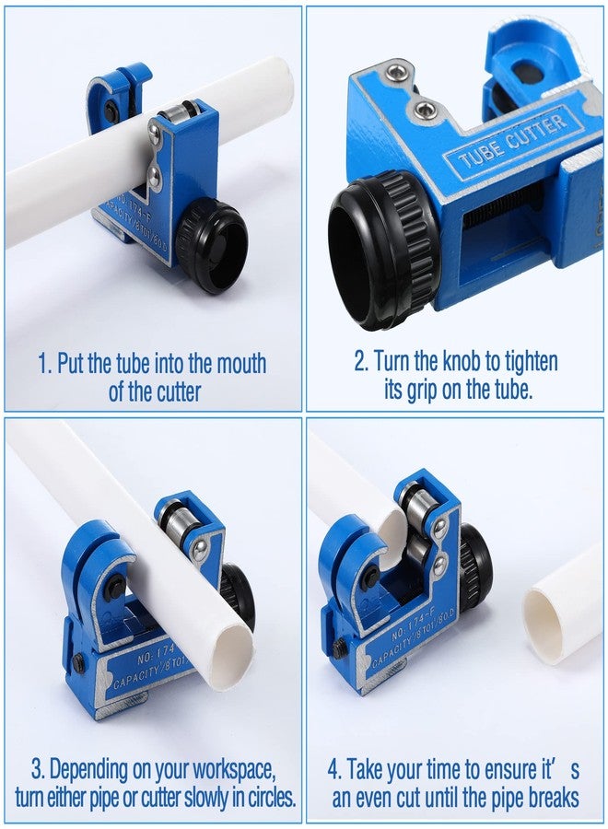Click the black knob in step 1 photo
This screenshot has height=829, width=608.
212,245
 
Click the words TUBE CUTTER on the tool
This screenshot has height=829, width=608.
513,141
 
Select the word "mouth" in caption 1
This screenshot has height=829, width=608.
241,364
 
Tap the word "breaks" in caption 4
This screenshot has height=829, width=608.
553,798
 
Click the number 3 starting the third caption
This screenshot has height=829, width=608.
37,770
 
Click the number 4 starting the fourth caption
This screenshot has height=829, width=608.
334,770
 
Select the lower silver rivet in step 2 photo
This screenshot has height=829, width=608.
424,110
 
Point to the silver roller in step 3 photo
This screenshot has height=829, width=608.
177,521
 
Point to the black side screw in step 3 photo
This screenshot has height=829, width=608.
78,663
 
